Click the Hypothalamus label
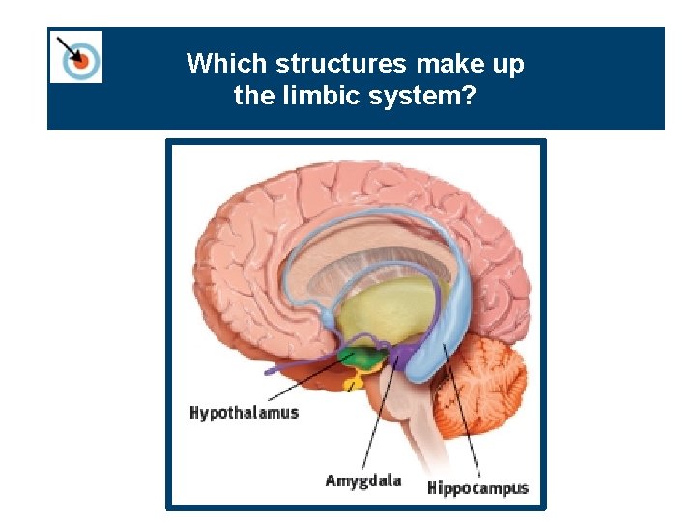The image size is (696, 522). pos(244,413)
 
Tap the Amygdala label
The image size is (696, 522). pos(362,480)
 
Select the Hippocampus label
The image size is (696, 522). pos(478,487)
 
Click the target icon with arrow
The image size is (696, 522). pos(76,57)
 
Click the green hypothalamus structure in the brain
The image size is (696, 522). pos(360,361)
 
